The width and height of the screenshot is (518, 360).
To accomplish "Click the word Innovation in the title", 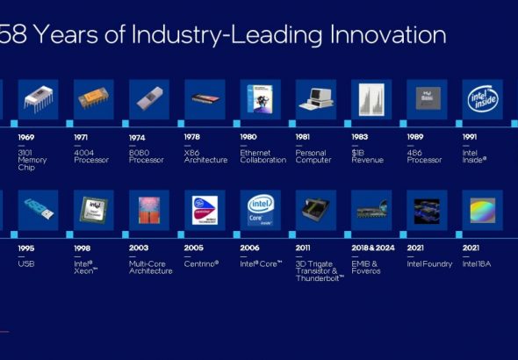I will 386,35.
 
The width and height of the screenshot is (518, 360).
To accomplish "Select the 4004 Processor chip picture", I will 93,99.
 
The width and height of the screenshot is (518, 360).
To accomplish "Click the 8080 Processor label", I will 146,155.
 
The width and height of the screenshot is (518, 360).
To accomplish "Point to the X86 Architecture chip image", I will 205,99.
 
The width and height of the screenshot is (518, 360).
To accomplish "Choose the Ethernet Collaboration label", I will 263,155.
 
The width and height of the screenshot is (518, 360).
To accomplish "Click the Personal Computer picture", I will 316,99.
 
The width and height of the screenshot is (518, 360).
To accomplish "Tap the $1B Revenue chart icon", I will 371,99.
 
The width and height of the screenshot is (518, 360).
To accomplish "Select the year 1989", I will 418,137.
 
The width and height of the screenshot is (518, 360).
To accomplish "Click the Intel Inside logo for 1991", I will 482,99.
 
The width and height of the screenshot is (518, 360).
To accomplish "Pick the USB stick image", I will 38,210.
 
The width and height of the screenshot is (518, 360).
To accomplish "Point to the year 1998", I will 84,248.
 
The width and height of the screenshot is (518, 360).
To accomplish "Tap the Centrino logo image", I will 205,210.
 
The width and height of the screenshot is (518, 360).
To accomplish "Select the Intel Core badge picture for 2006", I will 260,210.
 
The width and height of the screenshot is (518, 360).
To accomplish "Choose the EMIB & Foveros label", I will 366,266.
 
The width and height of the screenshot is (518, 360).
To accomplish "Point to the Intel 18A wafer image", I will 482,210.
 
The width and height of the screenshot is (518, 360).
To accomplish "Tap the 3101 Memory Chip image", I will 38,99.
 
